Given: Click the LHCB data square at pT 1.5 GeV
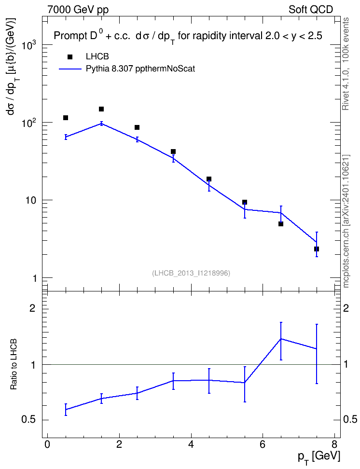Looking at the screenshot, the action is coord(101,109).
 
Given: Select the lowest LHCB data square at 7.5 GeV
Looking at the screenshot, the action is coord(317,249).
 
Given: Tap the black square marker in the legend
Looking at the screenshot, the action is coord(70,57).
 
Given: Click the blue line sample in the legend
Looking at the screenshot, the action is coord(70,69).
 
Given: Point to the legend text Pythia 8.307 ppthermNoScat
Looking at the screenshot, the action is coord(140,69).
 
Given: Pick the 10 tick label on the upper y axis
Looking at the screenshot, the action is coord(30,200).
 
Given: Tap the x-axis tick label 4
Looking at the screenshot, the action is coord(191,444).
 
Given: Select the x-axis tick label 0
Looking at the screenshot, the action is coord(47,444).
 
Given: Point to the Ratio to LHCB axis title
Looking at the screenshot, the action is coord(14,364).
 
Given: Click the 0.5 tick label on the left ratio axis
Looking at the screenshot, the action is coord(29,420).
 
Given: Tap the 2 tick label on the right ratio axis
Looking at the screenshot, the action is coord(346,308).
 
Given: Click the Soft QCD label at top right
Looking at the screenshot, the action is coord(311,10).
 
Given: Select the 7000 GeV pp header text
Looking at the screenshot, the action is coord(78,10).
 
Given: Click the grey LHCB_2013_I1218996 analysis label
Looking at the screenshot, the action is coord(191,273).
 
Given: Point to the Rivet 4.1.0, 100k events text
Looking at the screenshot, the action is coord(346,64).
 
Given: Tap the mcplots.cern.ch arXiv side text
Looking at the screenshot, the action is coord(346,221).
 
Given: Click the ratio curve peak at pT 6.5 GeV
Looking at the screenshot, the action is coord(281,339).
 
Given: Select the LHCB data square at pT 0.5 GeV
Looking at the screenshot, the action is coord(66,118).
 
